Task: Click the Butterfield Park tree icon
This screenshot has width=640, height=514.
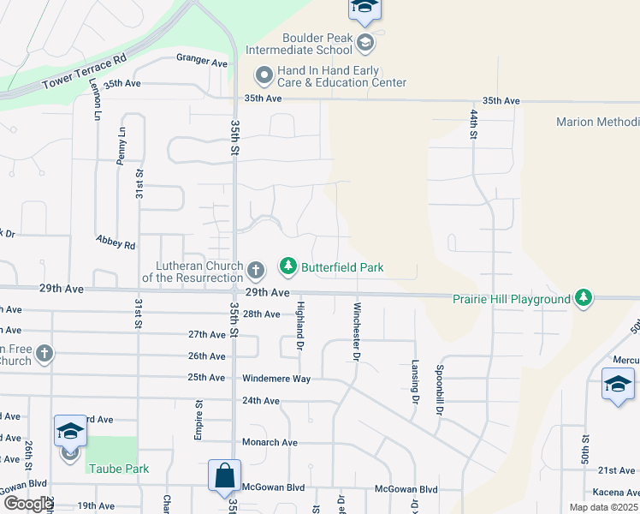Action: tap(288, 267)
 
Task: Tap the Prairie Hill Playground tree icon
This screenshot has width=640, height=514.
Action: tap(584, 297)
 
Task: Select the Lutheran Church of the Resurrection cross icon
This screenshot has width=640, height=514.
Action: tap(255, 272)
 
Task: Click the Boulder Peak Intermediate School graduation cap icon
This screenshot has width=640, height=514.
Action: tap(365, 43)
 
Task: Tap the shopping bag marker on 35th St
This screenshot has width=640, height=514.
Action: tap(224, 475)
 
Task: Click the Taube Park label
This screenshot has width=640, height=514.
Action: tap(118, 469)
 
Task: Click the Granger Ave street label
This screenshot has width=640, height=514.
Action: tap(202, 62)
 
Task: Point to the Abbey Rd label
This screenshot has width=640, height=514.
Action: tap(116, 244)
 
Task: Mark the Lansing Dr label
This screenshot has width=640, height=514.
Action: tap(415, 381)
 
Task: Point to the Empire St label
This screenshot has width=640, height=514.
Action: tap(199, 421)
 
